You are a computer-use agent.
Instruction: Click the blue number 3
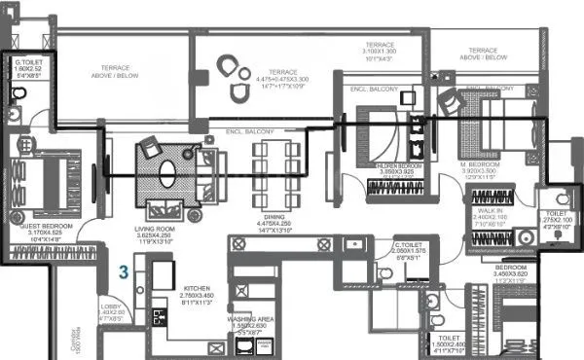(x=124, y=271)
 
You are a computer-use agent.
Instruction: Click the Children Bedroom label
(x=399, y=166)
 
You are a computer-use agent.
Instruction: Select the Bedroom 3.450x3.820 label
(x=510, y=271)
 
